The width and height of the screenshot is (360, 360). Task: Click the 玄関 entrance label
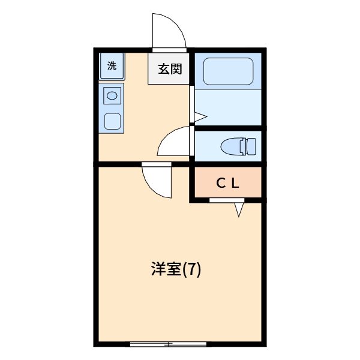pos(170,69)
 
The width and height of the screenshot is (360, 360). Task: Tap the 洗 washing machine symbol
pos(112,66)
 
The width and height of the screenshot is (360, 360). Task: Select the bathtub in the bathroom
pos(229,71)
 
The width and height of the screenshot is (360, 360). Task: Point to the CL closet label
pos(228,184)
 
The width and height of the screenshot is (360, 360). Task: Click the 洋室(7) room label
pos(176,269)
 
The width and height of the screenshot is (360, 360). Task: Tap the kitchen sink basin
pos(112,95)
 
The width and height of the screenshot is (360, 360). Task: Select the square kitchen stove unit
pos(112,121)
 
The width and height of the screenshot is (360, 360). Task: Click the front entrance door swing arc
pos(168,31)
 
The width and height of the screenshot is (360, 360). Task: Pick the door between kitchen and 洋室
pos(157,180)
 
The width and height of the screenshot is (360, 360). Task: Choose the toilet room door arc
pos(174,143)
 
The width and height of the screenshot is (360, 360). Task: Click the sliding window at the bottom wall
pos(169,344)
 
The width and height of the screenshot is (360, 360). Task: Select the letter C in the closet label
pos(220,184)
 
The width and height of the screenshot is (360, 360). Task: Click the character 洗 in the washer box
pos(112,66)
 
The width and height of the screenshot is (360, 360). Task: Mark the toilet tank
pos(251,146)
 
